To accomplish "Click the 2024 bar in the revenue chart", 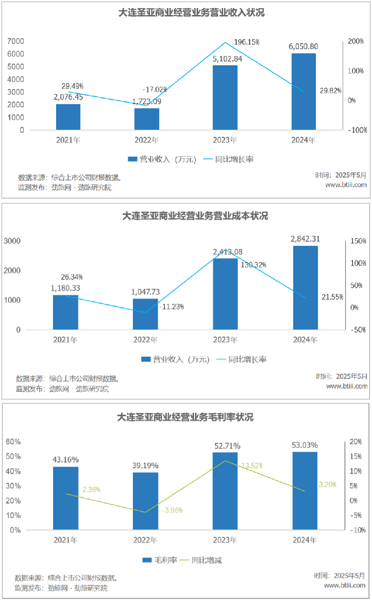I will coord(303,91).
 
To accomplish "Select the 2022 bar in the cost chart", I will coord(145,314).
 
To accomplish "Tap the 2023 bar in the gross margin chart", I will coord(225,491).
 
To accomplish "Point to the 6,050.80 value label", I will coord(303,47).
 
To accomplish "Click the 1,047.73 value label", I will coord(145,291).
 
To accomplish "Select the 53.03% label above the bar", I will coord(304,445).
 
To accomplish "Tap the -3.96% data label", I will coord(172,510).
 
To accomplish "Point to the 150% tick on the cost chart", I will coord(358,241).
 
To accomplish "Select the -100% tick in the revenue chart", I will coord(357,130).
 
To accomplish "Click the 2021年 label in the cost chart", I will coord(66,340).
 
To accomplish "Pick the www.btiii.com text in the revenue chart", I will coord(346,185).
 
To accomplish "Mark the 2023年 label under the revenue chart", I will coord(225,140).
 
